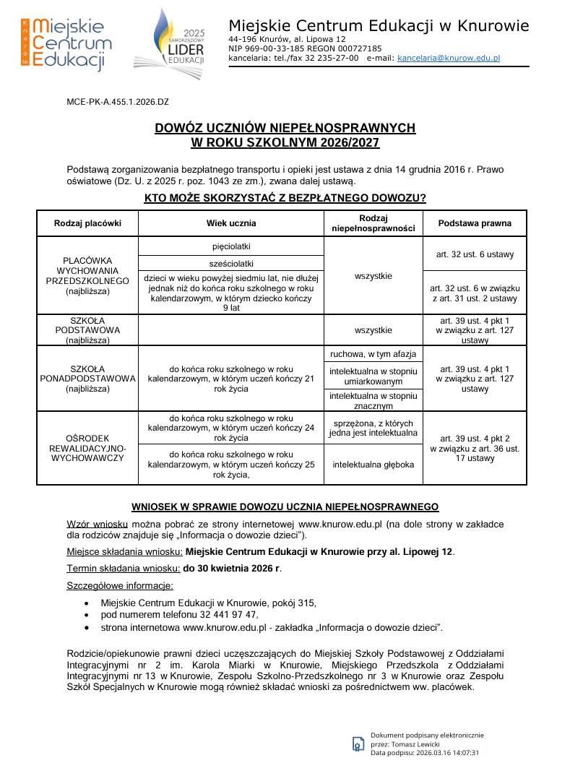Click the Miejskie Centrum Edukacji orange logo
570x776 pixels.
pyautogui.click(x=66, y=43)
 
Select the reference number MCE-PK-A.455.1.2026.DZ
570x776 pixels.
pyautogui.click(x=118, y=103)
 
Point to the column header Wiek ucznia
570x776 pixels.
pyautogui.click(x=231, y=223)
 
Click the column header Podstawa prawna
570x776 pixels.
pyautogui.click(x=475, y=223)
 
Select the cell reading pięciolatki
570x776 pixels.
pyautogui.click(x=231, y=246)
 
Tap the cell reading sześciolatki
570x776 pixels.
pyautogui.click(x=231, y=264)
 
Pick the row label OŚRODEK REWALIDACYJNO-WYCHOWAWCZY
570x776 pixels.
pyautogui.click(x=87, y=448)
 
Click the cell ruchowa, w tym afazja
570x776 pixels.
pyautogui.click(x=373, y=354)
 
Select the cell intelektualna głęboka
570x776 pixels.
pyautogui.click(x=373, y=464)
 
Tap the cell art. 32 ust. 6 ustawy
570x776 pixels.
pyautogui.click(x=475, y=254)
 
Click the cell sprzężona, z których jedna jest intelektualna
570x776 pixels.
pyautogui.click(x=373, y=428)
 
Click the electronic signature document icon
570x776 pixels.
pyautogui.click(x=358, y=743)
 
